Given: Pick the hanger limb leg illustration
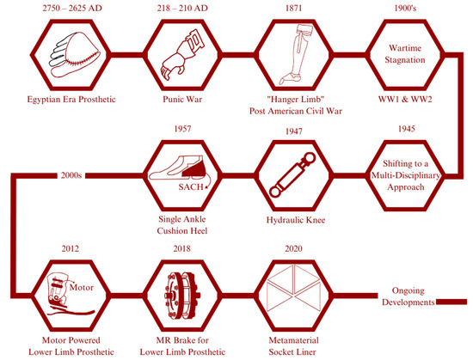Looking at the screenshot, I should pos(295,50).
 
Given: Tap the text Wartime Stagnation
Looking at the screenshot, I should pos(402,50).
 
